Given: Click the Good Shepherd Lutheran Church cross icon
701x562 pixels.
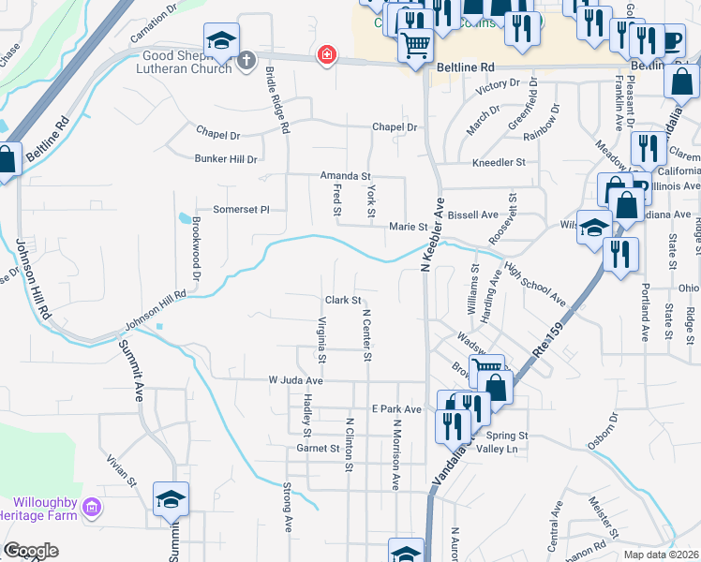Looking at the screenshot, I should click(246, 61).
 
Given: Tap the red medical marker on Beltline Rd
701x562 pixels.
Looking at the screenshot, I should click(326, 55).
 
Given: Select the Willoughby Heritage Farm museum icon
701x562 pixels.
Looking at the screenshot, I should click(91, 508).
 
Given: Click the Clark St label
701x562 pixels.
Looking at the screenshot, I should click(343, 301).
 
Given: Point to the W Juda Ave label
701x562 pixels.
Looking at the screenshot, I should click(295, 381).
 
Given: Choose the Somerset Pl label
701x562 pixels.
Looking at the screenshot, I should click(241, 210).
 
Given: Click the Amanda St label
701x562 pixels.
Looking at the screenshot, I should click(346, 176).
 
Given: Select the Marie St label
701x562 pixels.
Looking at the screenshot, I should click(408, 227).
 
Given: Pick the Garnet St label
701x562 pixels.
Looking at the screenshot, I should click(317, 449).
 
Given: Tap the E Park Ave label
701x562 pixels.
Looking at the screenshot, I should click(396, 409).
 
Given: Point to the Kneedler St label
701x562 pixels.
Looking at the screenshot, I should click(500, 162).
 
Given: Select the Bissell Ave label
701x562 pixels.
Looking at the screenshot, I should click(473, 214).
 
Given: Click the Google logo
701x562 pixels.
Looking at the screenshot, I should click(30, 551).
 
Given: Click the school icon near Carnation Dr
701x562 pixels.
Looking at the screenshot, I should click(221, 40).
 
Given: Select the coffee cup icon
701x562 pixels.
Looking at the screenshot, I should click(671, 39).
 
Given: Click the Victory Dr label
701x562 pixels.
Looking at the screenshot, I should click(497, 87).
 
